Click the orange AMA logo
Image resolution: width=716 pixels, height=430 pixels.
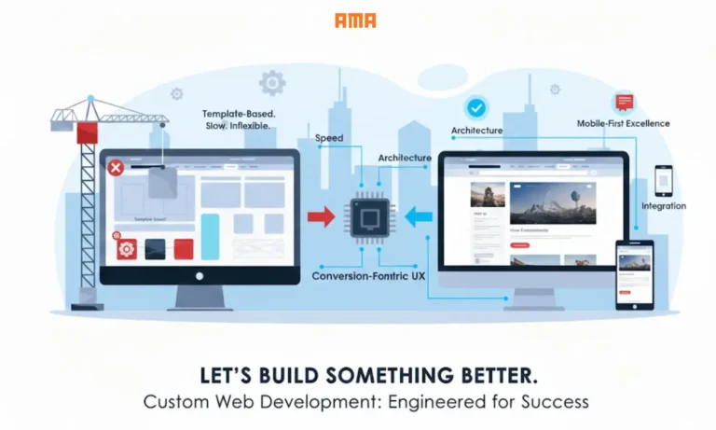pos(355,21)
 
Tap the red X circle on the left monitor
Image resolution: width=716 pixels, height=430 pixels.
pos(116,168)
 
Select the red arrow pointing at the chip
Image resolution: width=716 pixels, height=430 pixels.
pos(321,217)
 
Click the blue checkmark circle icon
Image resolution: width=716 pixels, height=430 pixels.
pos(476,108)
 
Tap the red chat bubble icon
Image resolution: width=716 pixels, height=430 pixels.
pos(623,103)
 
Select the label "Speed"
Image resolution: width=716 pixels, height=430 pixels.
pos(329,138)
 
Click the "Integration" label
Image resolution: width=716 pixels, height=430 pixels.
pos(663,206)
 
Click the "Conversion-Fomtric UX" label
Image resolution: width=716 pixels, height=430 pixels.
pos(369,276)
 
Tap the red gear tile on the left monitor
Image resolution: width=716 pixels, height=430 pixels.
pos(127,248)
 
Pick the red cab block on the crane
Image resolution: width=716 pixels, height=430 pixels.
pos(89,131)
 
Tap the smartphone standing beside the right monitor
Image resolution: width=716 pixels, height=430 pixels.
pos(634,273)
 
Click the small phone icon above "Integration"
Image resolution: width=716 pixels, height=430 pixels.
pos(663,179)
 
